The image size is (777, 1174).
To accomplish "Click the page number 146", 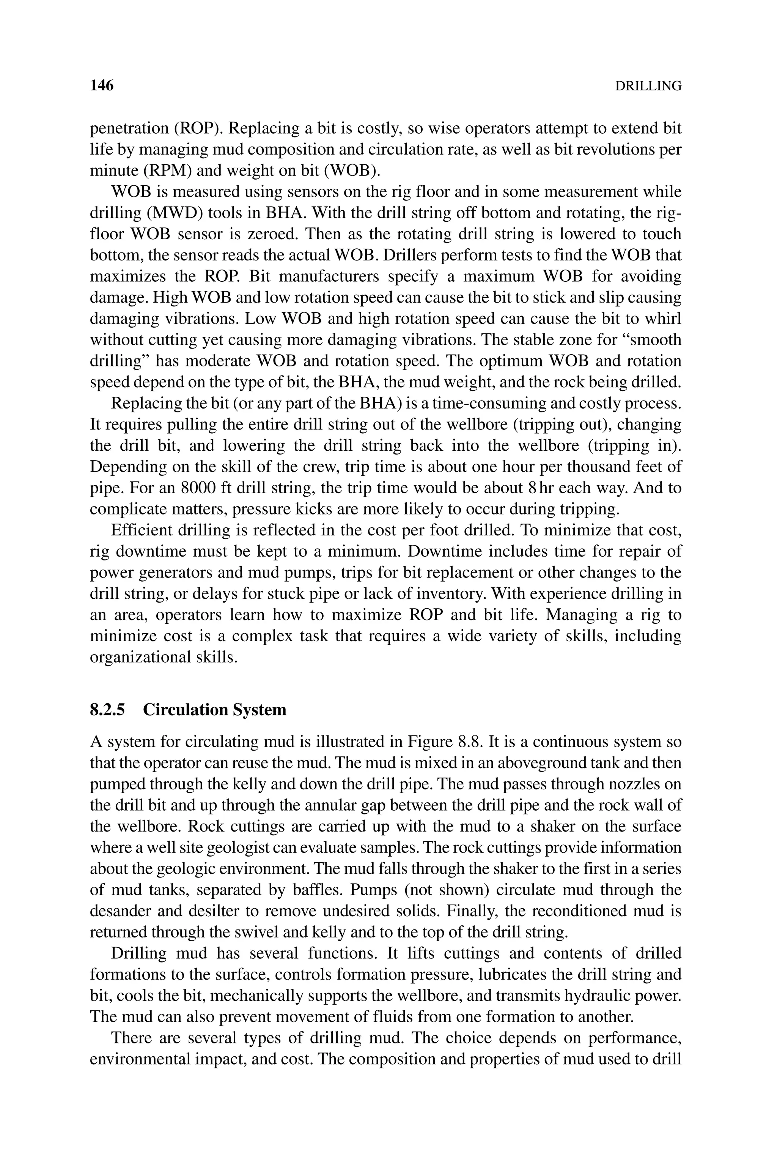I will point(102,86).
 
